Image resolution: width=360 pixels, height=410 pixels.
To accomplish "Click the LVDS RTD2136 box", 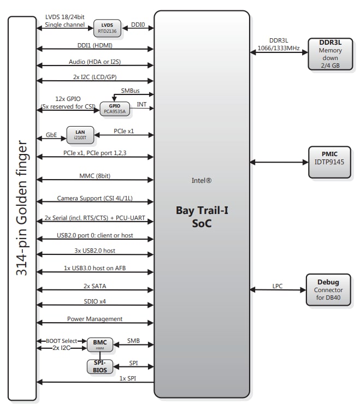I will coord(107,27).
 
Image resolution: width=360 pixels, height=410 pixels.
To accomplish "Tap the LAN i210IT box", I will coord(80,134).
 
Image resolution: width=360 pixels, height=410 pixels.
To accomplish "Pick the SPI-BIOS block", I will coord(99,366).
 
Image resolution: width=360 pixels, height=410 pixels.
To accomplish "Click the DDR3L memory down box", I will coord(330,54).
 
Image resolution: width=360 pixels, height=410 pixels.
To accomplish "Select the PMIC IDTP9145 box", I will coord(329,162).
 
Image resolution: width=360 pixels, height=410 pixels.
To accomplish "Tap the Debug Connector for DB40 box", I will coord(328,290).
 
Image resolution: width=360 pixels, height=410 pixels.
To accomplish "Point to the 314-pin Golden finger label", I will coord(22,208).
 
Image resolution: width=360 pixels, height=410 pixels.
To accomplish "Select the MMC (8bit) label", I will coord(95,176).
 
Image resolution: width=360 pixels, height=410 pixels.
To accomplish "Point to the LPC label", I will coord(278,286).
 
